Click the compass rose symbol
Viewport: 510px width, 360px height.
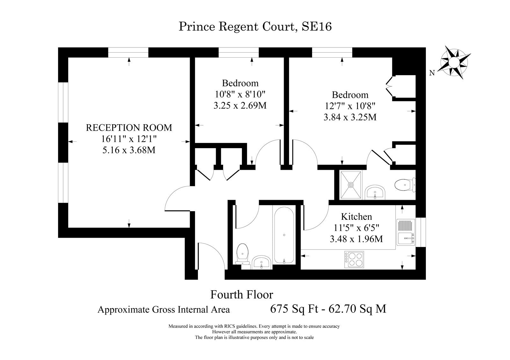click(x=454, y=62)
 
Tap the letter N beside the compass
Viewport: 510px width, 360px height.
click(x=432, y=73)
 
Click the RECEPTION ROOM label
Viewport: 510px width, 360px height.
click(x=129, y=127)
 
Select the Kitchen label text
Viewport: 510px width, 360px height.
click(x=356, y=216)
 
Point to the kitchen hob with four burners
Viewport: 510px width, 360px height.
click(x=354, y=259)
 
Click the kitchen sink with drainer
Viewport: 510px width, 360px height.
click(x=406, y=232)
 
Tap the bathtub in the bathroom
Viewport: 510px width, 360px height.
click(x=284, y=235)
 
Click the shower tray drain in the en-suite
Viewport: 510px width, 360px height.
click(x=351, y=185)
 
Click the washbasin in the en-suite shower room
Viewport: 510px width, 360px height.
click(x=375, y=192)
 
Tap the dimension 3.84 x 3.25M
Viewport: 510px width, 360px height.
click(x=350, y=117)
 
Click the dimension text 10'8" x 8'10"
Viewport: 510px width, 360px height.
click(x=240, y=94)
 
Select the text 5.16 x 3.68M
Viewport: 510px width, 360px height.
click(x=129, y=150)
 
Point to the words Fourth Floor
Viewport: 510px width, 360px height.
click(x=242, y=294)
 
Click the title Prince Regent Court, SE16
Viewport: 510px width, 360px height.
click(x=255, y=26)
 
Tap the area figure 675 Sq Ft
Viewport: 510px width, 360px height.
click(x=294, y=309)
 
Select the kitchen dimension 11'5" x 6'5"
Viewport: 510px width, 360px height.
click(x=356, y=227)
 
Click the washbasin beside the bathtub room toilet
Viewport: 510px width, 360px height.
click(x=261, y=263)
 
